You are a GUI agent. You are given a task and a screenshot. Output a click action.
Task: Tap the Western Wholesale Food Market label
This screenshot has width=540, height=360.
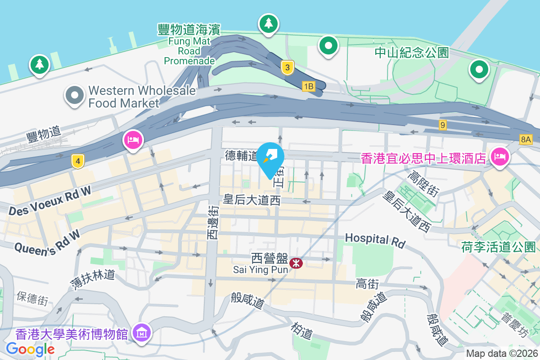[142, 97]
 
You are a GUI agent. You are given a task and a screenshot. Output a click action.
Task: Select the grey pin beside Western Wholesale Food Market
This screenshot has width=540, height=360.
[75, 96]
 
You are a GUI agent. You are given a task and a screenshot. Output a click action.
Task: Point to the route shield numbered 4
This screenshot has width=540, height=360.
[78, 161]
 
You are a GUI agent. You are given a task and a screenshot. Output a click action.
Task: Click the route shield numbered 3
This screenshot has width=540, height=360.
[288, 68]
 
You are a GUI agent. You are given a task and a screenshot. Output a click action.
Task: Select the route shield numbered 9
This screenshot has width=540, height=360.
[443, 125]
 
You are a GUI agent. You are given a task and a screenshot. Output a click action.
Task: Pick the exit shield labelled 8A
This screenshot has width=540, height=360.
[525, 139]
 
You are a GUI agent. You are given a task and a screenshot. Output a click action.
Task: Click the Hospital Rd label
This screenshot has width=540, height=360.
[375, 240]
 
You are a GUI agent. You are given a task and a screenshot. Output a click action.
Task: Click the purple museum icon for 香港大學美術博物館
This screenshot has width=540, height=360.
[142, 333]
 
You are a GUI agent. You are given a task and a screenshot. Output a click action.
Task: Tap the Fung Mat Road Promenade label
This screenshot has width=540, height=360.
[189, 45]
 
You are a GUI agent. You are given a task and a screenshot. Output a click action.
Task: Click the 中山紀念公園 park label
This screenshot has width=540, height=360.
[412, 53]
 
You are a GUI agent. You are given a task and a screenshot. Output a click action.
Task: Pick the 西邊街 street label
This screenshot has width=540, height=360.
[213, 222]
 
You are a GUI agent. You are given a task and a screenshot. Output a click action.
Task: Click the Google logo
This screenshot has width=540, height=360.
[30, 349]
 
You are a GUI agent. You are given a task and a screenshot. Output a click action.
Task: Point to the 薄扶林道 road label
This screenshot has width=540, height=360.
[93, 279]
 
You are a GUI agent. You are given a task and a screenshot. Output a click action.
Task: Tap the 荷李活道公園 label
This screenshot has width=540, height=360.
[499, 247]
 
